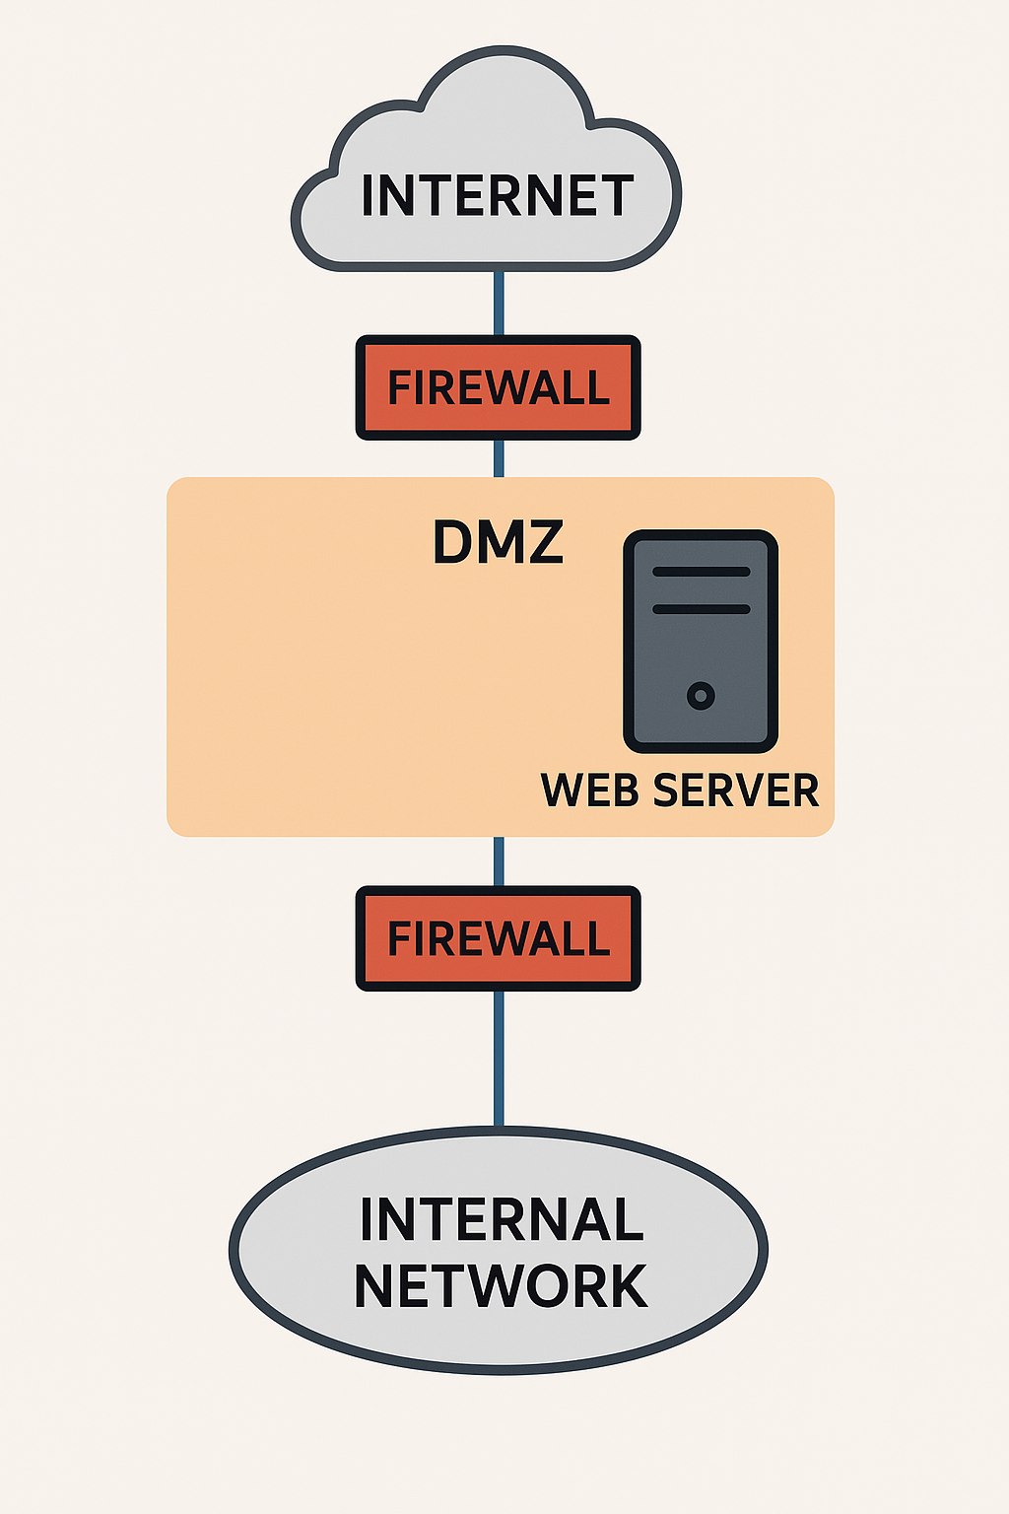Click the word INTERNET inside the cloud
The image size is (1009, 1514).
point(498,196)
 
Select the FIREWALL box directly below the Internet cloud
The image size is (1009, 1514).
point(498,387)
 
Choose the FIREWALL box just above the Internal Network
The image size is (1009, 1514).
point(498,938)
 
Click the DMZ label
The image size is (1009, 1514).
point(498,542)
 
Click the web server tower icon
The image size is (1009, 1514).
point(701,641)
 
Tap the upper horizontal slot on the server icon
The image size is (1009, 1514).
point(701,572)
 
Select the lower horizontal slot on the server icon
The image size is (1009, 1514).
point(701,609)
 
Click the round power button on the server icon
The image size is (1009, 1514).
point(701,696)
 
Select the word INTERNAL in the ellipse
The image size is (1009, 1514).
point(502,1220)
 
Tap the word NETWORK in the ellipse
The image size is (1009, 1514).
point(501,1286)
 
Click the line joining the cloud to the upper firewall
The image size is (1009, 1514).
point(499,303)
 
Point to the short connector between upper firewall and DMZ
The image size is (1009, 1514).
point(499,458)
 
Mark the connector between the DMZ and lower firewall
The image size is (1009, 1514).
point(499,861)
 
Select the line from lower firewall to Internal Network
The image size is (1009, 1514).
point(499,1060)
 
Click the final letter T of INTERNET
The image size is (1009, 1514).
point(616,196)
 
